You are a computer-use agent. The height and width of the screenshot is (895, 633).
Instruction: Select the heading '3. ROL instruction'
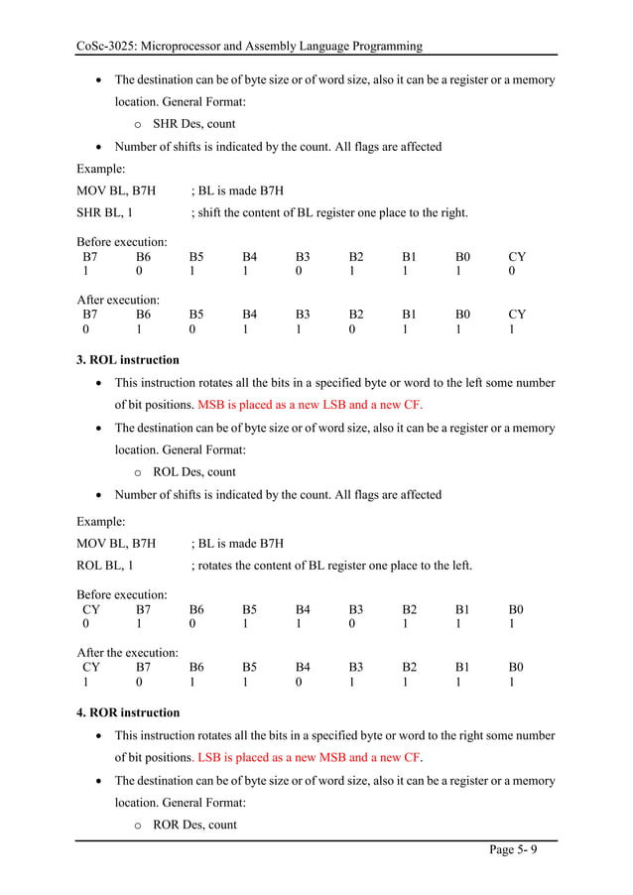tap(128, 360)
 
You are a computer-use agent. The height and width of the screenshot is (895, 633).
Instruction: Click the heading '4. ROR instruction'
tap(129, 712)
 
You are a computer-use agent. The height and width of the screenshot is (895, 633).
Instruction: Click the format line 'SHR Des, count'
tap(193, 125)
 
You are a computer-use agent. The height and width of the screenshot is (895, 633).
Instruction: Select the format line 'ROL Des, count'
tap(194, 472)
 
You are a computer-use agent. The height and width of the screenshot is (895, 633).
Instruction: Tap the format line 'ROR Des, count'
tap(194, 825)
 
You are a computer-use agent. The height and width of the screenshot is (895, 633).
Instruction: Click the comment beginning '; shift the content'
tap(328, 212)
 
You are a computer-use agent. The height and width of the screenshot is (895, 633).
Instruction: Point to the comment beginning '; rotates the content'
tap(331, 566)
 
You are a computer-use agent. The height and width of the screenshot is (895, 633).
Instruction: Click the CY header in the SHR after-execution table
tap(516, 315)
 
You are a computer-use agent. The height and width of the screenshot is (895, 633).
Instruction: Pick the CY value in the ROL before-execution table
tap(85, 625)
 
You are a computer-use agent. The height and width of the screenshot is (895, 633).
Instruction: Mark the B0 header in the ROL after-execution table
tap(516, 668)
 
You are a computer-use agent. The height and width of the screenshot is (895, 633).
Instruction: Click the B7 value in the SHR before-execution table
tap(85, 272)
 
